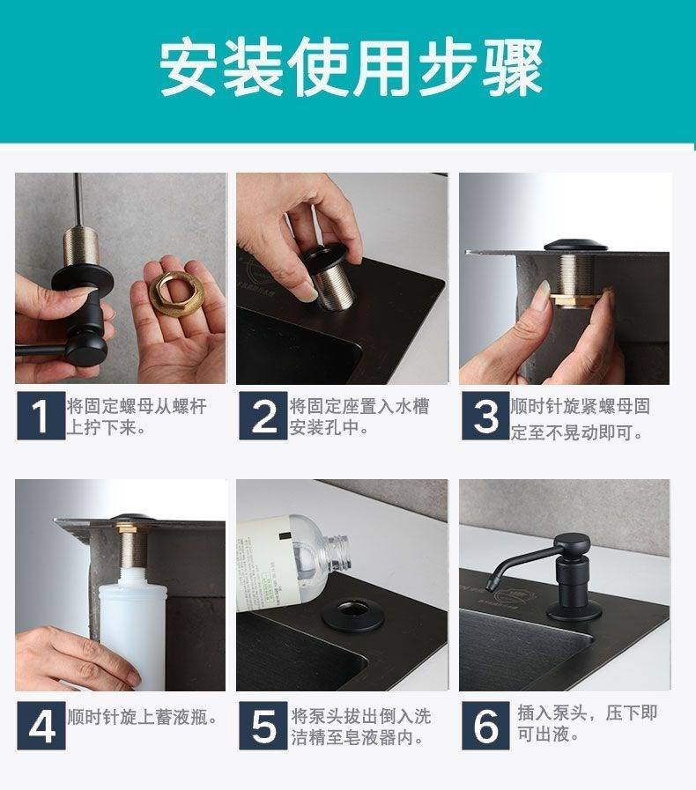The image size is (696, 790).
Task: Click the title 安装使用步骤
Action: (x=351, y=67)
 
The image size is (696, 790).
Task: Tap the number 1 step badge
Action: (x=41, y=416)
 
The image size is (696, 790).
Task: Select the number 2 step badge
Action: (x=263, y=416)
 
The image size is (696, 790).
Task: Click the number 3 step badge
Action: (x=485, y=416)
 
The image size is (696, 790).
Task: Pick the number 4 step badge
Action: (x=41, y=726)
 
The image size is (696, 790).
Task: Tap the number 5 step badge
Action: (x=263, y=726)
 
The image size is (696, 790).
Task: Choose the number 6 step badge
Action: (x=485, y=726)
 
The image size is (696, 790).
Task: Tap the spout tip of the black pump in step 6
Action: (x=490, y=586)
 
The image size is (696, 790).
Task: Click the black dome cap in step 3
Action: (x=575, y=246)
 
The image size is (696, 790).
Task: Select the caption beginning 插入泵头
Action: (x=587, y=724)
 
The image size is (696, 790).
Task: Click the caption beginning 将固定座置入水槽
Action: (x=359, y=417)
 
